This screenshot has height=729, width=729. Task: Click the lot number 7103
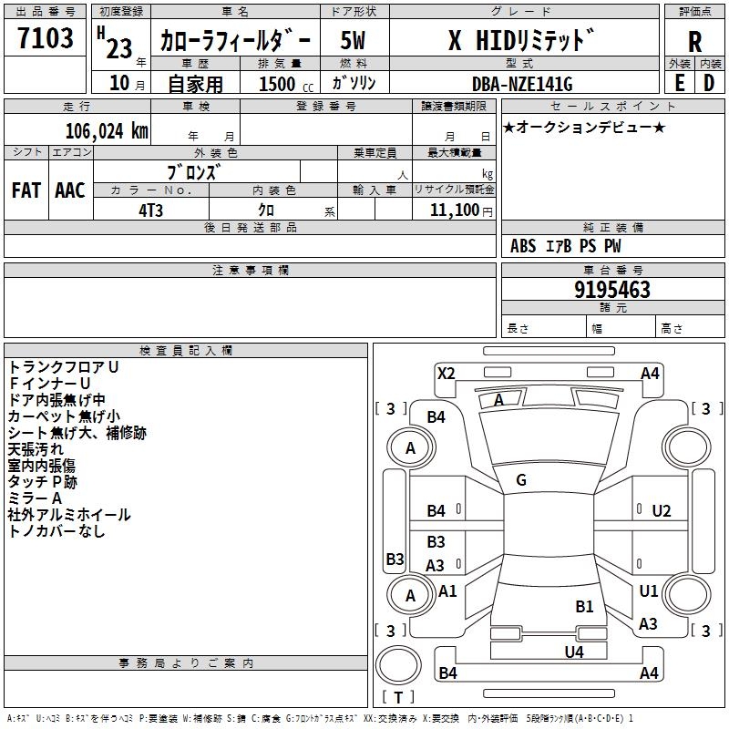(x=45, y=38)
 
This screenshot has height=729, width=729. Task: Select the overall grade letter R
(x=694, y=42)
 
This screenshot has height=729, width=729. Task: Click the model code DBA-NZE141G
(x=522, y=83)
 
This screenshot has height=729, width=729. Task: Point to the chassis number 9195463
(x=612, y=291)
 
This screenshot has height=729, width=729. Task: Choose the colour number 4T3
(x=151, y=209)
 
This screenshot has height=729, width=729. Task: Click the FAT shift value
(x=26, y=190)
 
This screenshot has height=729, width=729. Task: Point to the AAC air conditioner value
(x=69, y=190)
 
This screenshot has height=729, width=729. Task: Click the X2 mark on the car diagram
(x=446, y=373)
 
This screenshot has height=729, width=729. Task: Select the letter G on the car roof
(x=521, y=479)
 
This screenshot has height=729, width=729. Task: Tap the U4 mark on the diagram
(x=573, y=652)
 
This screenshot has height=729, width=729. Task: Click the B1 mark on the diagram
(x=584, y=606)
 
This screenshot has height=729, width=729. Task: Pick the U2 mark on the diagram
(x=662, y=511)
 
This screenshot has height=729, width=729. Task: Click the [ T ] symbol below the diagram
(x=398, y=697)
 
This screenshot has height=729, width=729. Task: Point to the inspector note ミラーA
(x=35, y=498)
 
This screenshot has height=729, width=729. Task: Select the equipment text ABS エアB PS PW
(x=566, y=246)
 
